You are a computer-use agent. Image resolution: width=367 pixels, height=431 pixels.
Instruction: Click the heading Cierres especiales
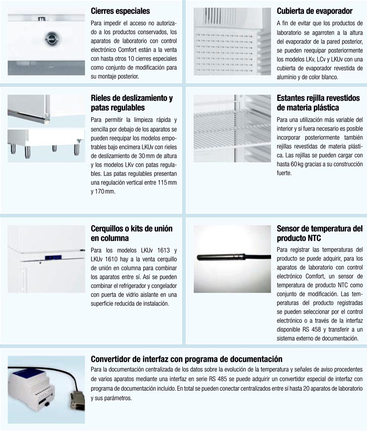121,11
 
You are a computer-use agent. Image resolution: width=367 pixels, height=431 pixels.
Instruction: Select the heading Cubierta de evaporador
314,11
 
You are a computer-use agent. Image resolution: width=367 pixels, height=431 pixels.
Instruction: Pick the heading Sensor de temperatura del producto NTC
319,233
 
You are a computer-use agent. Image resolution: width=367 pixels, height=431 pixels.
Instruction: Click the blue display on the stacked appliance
51,257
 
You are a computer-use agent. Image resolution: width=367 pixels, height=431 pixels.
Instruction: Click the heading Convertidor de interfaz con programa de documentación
186,359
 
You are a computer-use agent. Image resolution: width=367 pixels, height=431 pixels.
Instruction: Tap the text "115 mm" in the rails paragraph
166,182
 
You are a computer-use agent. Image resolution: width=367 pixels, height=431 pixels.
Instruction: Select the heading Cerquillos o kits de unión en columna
131,233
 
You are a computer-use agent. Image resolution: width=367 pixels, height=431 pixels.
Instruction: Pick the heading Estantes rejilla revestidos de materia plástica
315,102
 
